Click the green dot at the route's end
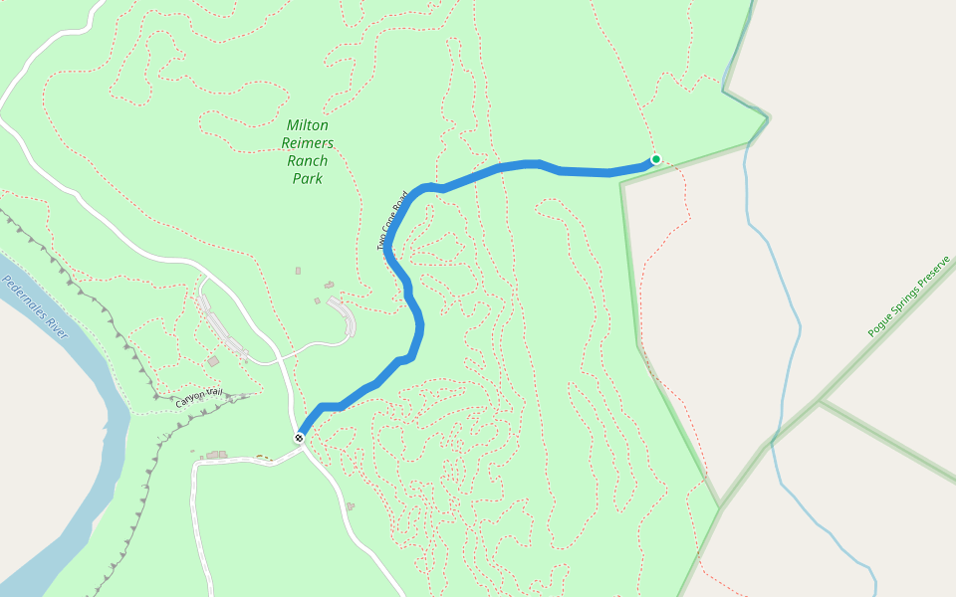coord(655,159)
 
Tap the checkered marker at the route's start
coord(299,438)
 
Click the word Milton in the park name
coord(307,125)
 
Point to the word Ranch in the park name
coord(308,161)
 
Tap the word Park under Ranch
coord(308,179)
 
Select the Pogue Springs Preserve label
coord(908,295)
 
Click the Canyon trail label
coord(202,397)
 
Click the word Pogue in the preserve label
coord(877,323)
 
